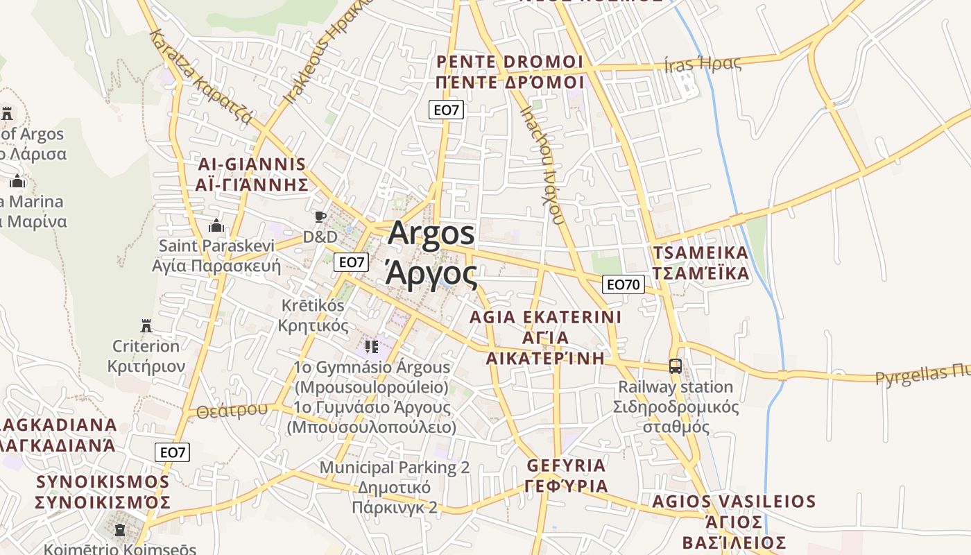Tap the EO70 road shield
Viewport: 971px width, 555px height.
pyautogui.click(x=624, y=284)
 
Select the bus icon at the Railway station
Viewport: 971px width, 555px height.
pyautogui.click(x=675, y=366)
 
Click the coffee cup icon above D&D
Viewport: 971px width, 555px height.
pyautogui.click(x=320, y=216)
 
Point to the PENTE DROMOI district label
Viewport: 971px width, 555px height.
pyautogui.click(x=510, y=62)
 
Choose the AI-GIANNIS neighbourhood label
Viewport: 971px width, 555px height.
pyautogui.click(x=252, y=165)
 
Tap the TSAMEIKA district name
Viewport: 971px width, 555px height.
pyautogui.click(x=701, y=253)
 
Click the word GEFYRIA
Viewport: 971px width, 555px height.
pyautogui.click(x=567, y=466)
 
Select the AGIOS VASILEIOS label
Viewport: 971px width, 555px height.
pyautogui.click(x=734, y=502)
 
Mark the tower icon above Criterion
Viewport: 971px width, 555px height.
pyautogui.click(x=146, y=325)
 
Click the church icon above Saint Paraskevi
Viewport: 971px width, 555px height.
pyautogui.click(x=216, y=225)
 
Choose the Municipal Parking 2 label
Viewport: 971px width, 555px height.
pyautogui.click(x=395, y=468)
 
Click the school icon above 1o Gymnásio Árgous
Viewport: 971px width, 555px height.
pyautogui.click(x=372, y=346)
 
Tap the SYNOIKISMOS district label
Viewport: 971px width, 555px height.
pyautogui.click(x=103, y=481)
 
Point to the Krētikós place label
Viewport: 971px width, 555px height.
pyautogui.click(x=313, y=305)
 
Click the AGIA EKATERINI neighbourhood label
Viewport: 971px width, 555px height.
pyautogui.click(x=545, y=318)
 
